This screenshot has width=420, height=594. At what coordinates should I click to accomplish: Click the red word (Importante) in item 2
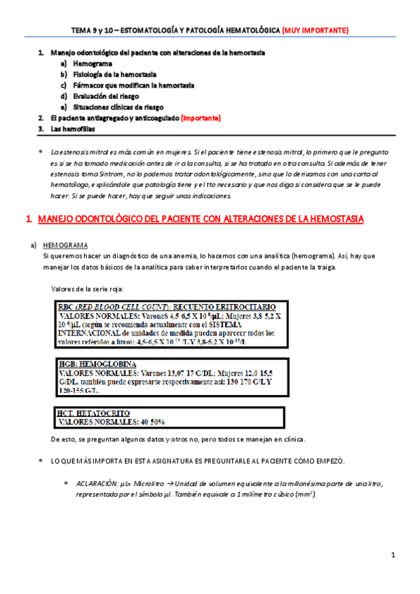[x=201, y=118]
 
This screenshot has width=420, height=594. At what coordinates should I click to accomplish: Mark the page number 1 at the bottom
[x=393, y=555]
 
